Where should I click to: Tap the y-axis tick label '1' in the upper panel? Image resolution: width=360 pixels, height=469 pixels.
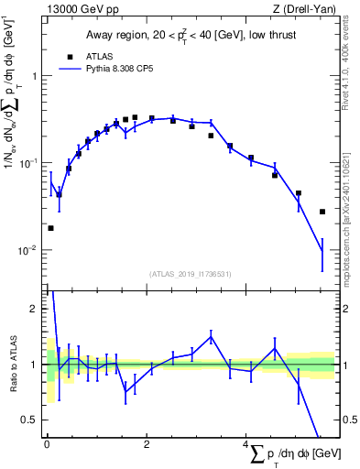pos(37,76)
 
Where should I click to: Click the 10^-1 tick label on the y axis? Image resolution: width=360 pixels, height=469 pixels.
pos(30,163)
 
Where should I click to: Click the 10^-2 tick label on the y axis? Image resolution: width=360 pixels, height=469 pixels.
pos(30,250)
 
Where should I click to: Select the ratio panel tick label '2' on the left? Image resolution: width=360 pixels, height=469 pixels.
pos(37,309)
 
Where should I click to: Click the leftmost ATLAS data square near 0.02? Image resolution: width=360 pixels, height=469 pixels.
pos(50,228)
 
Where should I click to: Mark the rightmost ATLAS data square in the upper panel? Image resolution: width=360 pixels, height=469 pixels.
pos(322,212)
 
